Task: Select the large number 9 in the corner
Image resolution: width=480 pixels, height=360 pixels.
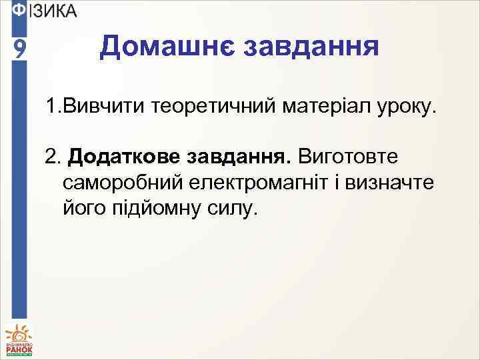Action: coord(21,48)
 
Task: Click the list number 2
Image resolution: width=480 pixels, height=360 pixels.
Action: coord(51,156)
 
